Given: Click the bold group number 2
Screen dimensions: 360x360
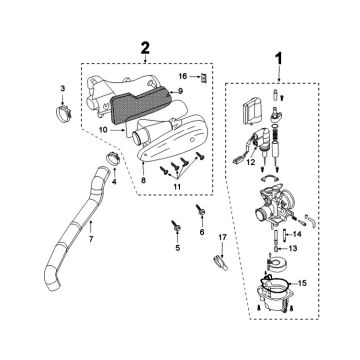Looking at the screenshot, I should click(x=147, y=47).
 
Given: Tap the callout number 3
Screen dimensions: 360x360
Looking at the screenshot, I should click(x=62, y=90).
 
